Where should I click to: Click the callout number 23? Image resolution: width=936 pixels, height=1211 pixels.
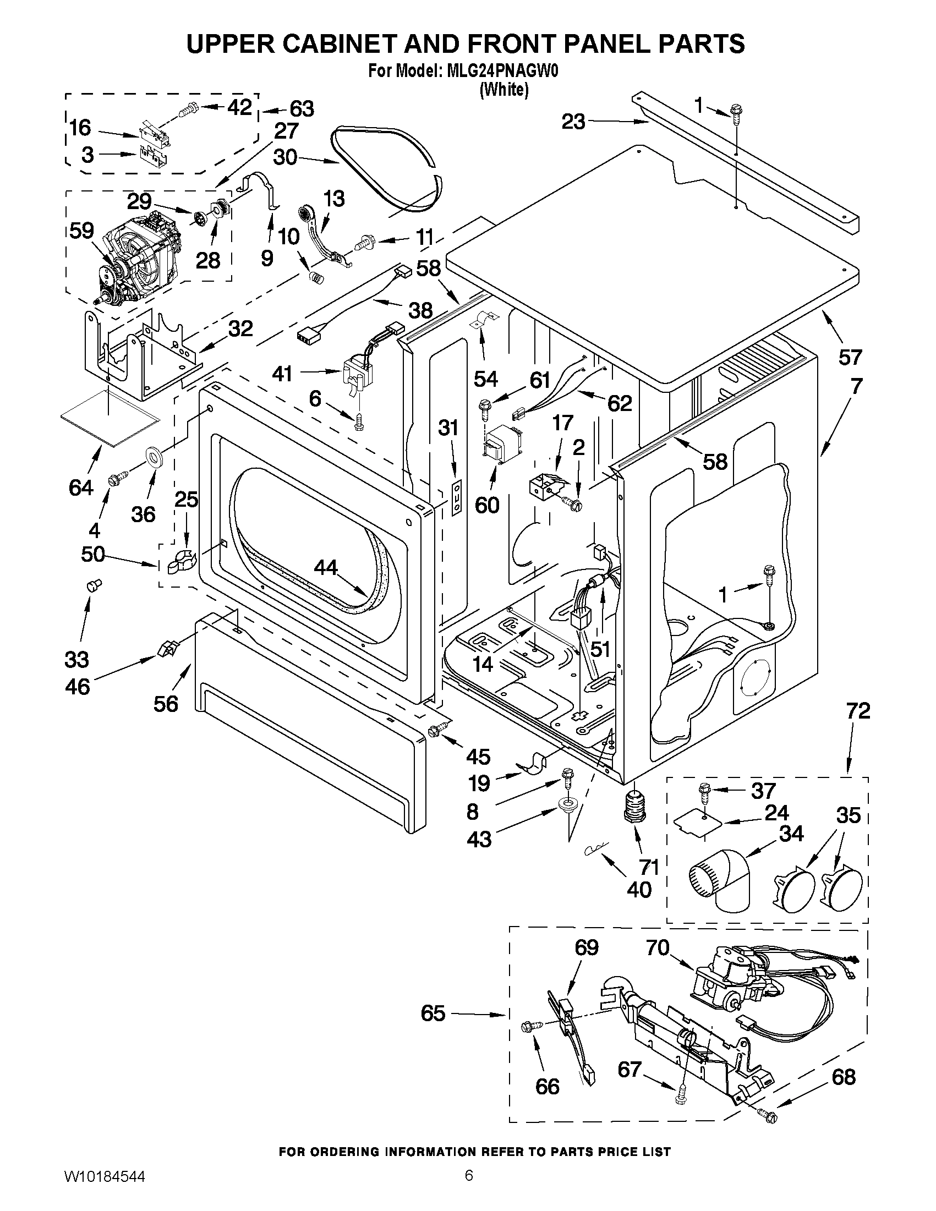tap(573, 122)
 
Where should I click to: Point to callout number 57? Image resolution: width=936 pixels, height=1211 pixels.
tap(850, 357)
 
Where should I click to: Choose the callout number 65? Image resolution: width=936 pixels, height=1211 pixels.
tap(433, 1013)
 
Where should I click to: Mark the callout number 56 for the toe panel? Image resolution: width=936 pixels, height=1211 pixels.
tap(166, 704)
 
